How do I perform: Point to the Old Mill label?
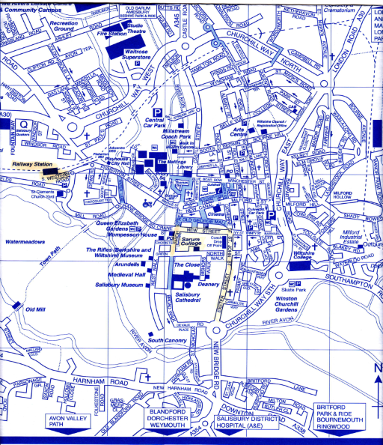pos(36,309)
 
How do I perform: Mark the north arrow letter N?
pos(378,368)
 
